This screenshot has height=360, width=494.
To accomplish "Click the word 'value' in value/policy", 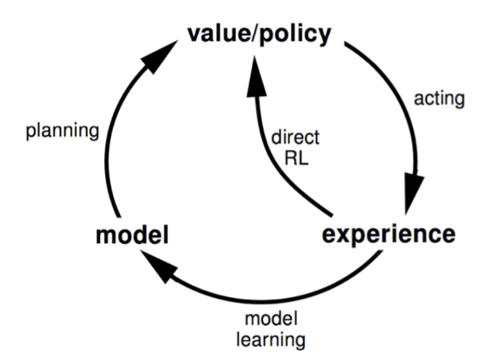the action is [219, 34].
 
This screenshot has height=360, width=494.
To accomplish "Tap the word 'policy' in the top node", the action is [295, 36].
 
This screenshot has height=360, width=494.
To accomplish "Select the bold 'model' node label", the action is [132, 234].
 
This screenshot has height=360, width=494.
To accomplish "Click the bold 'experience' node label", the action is [389, 234].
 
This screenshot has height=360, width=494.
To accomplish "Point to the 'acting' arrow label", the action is [439, 99].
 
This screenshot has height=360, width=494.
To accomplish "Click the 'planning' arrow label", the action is [62, 131].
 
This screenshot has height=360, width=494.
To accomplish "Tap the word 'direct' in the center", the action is [295, 137].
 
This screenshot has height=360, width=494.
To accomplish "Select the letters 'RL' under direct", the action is [296, 158].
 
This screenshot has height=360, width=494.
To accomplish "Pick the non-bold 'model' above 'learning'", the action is [271, 319].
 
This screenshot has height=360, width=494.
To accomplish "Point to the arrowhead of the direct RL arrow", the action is [255, 76].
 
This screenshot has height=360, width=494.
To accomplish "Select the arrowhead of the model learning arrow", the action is [158, 267].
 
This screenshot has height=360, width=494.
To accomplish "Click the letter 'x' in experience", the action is [345, 236].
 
